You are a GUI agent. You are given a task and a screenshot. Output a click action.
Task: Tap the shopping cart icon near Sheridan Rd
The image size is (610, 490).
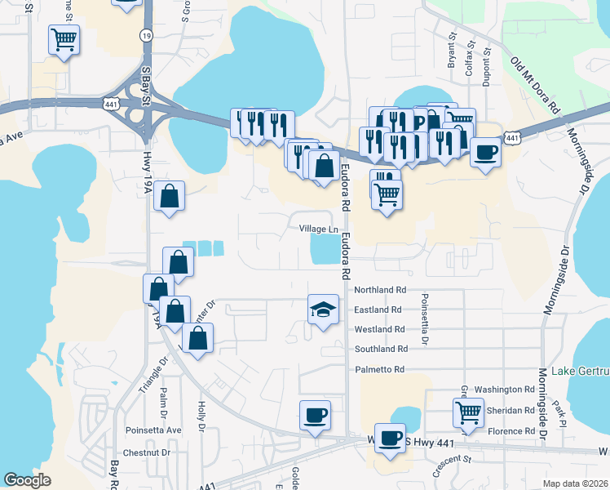coord(469,412)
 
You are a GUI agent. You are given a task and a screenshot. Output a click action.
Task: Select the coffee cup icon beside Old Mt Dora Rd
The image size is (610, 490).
coord(486,152)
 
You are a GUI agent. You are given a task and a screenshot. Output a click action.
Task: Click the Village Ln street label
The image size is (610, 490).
coord(318,229)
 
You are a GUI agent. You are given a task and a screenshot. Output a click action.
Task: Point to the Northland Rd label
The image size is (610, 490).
coord(380,290)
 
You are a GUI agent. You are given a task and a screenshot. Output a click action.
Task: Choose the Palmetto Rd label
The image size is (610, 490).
coord(379,370)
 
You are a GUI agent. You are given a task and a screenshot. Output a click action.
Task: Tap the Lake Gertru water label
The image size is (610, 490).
coord(580,372)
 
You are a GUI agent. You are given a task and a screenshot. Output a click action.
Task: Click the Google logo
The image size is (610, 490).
coord(27,480)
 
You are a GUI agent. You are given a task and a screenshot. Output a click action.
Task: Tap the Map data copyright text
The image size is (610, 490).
coord(576,483)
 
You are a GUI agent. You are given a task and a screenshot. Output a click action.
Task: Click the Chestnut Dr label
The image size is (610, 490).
coord(145,452)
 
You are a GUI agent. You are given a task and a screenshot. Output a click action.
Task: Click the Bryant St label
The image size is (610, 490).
coord(450,50)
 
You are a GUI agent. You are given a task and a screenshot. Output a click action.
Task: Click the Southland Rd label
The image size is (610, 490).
coord(379,350)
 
